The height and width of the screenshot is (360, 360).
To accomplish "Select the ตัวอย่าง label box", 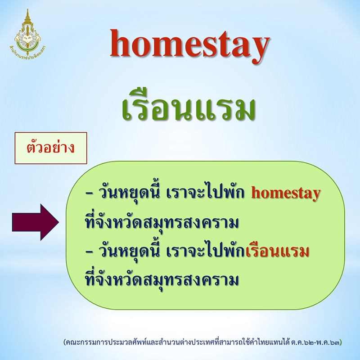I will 51,148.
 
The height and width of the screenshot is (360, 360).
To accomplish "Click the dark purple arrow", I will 35,222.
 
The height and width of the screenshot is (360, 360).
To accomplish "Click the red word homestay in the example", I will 286,194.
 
